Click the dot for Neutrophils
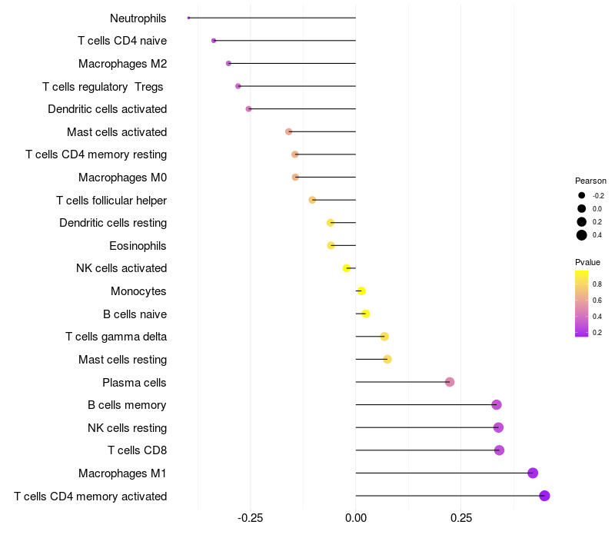[x=188, y=18]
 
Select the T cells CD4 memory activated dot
[x=544, y=496]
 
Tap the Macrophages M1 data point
[x=533, y=473]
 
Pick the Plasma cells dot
[x=450, y=382]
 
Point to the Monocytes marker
[x=361, y=291]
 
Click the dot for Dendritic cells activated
[x=248, y=109]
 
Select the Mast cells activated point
[x=289, y=131]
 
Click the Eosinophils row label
[x=138, y=246]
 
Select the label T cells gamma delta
[x=116, y=337]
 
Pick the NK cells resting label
[x=127, y=428]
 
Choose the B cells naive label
[x=135, y=314]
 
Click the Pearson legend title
[x=590, y=181]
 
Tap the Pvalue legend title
[x=588, y=262]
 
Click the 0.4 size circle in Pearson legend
[x=582, y=235]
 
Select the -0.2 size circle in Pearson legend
[x=582, y=195]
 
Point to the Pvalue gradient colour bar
[x=582, y=304]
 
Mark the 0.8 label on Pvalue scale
[x=597, y=284]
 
